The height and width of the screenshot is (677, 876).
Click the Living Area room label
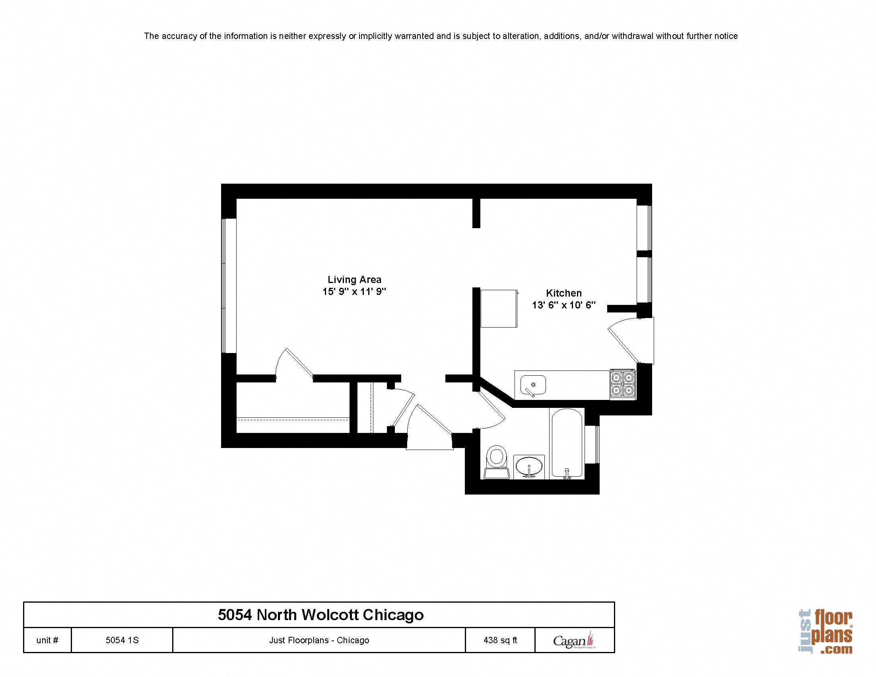pyautogui.click(x=354, y=279)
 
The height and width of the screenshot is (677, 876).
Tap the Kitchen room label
pyautogui.click(x=563, y=293)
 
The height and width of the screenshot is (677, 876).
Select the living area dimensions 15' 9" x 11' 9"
pyautogui.click(x=354, y=291)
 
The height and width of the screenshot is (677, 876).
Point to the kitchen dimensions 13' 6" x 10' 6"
pyautogui.click(x=563, y=305)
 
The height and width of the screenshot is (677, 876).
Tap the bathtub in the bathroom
pyautogui.click(x=567, y=443)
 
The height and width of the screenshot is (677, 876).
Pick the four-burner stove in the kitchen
pyautogui.click(x=623, y=384)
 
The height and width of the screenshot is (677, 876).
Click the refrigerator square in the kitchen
pyautogui.click(x=499, y=308)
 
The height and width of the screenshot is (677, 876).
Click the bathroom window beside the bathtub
pyautogui.click(x=592, y=444)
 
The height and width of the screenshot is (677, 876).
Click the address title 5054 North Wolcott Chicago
pyautogui.click(x=320, y=615)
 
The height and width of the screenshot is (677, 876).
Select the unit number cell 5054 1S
pyautogui.click(x=122, y=640)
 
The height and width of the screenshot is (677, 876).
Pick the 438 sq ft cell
pyautogui.click(x=500, y=640)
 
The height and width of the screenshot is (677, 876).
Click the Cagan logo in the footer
pyautogui.click(x=574, y=641)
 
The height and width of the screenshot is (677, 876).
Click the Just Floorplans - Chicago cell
pyautogui.click(x=319, y=640)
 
